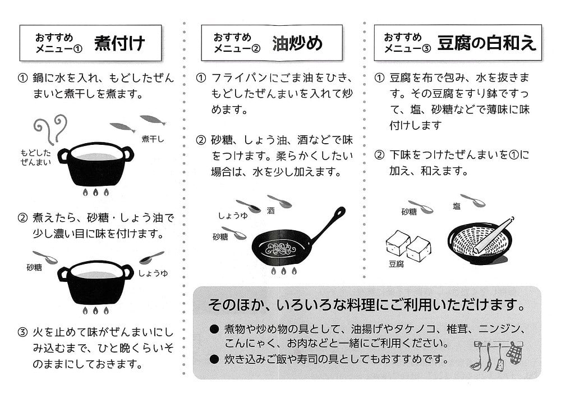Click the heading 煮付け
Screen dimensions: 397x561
pos(119,43)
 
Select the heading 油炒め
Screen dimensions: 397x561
pos(297,43)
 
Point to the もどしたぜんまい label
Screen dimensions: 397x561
pos(36,158)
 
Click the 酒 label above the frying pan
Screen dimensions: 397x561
pos(271,211)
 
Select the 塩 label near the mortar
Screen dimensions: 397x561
pos(457,206)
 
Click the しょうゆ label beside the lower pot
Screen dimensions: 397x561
pos(153,273)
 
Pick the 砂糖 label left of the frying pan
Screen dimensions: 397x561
pos(220,236)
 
